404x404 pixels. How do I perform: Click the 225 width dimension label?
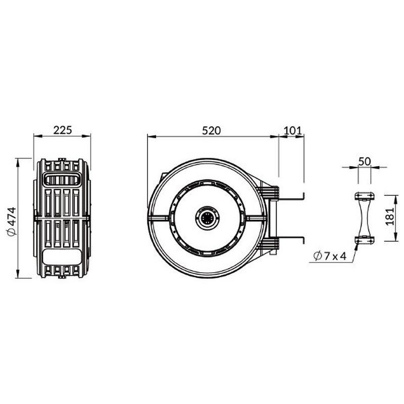[x=63, y=130]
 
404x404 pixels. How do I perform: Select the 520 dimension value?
[x=212, y=130]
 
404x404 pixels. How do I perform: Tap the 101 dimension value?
[x=292, y=130]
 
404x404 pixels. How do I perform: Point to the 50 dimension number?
[x=364, y=161]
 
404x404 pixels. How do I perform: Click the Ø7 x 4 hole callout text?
[x=329, y=257]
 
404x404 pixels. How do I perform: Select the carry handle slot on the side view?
[x=61, y=178]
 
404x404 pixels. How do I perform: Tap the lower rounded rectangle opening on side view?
[x=61, y=256]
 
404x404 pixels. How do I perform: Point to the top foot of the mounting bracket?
[x=365, y=196]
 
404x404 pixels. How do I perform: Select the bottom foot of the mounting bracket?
[x=365, y=240]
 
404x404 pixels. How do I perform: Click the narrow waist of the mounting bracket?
[x=365, y=218]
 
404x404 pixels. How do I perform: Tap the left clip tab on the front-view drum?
[x=158, y=218]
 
